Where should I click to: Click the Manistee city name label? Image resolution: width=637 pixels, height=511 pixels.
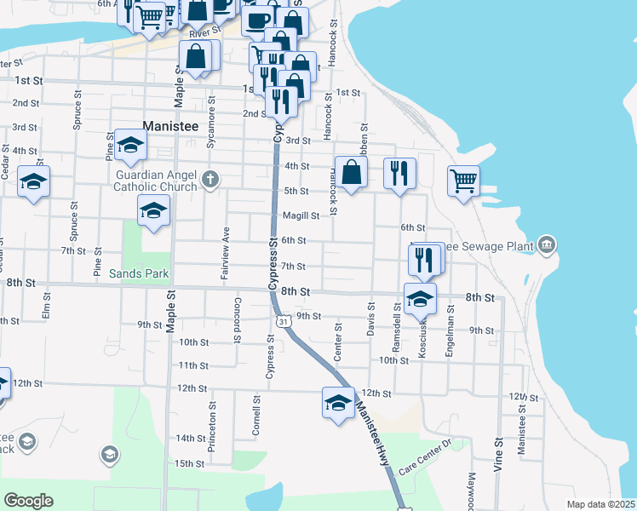click(170, 125)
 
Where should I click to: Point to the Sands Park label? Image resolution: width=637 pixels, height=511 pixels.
click(139, 274)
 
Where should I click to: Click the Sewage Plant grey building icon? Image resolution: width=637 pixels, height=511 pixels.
click(547, 246)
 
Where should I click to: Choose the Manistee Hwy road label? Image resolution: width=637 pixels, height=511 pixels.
click(377, 431)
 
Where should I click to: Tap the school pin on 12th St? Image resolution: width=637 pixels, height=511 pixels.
click(338, 402)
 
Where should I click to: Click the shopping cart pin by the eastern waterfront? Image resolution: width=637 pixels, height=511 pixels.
click(463, 180)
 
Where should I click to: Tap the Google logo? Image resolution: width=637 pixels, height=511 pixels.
click(29, 501)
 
